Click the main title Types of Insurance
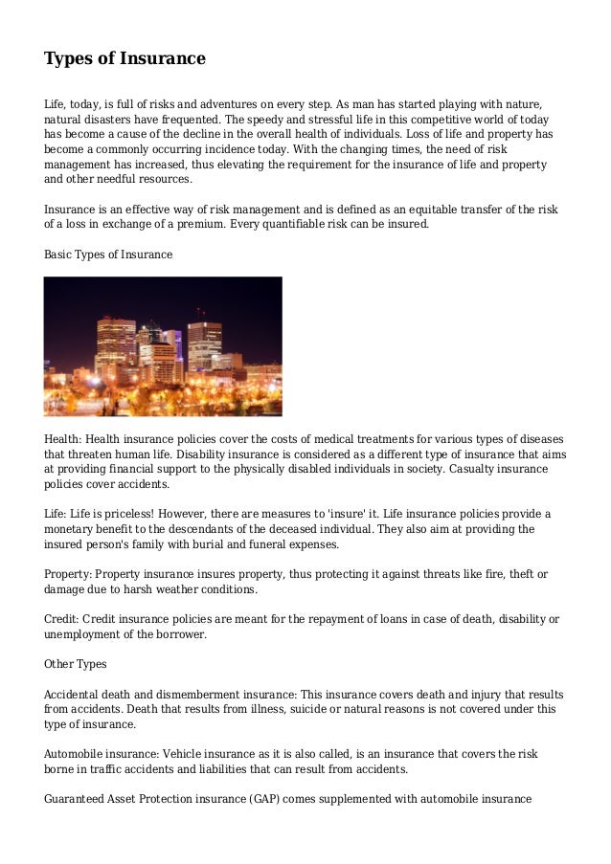tap(124, 59)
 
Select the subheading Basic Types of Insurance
tap(108, 255)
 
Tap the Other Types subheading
tap(76, 663)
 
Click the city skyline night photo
tap(163, 346)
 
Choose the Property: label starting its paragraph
tap(69, 574)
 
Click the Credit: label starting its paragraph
tap(63, 618)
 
